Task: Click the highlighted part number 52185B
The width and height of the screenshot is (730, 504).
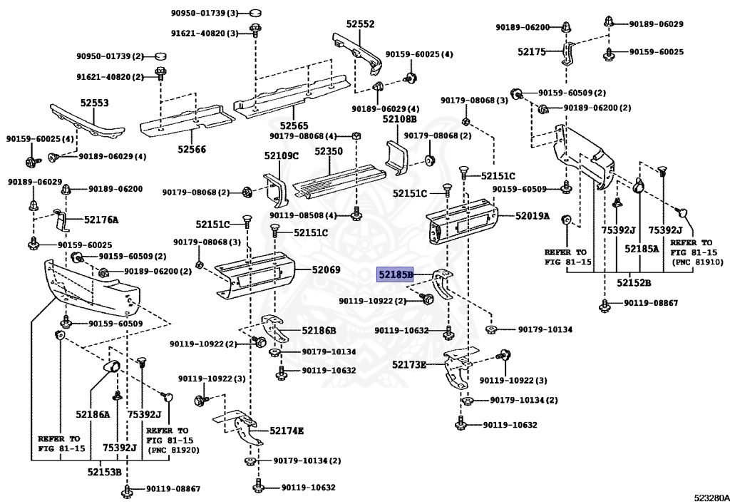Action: [396, 274]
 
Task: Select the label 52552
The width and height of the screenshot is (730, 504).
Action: [359, 24]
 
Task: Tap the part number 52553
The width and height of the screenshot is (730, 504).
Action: [94, 103]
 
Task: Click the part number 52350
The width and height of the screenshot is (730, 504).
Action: [329, 152]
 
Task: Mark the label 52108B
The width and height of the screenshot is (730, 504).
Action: [400, 119]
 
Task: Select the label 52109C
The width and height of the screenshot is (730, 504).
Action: [282, 155]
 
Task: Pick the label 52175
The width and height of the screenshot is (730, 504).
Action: [530, 51]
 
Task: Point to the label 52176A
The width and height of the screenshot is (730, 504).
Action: [101, 220]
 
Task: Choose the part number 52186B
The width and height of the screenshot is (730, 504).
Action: [319, 330]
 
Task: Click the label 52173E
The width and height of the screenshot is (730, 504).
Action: [408, 364]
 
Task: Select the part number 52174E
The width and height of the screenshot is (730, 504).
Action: [287, 431]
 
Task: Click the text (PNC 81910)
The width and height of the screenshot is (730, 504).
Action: [696, 262]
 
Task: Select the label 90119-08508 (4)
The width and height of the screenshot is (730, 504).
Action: [310, 215]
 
